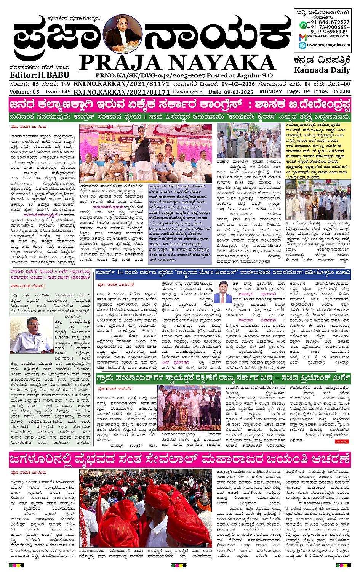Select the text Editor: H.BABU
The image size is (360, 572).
coord(39,75)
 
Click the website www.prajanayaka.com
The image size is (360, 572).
coord(328,45)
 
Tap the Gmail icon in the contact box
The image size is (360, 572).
coord(302,37)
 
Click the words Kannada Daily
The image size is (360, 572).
coord(322,70)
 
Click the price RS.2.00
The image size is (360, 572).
coord(341,91)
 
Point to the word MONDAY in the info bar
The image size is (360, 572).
coord(270,92)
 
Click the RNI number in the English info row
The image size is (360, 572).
coord(122,92)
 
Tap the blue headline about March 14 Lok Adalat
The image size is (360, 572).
coord(222,273)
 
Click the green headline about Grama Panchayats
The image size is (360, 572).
coord(222,378)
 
